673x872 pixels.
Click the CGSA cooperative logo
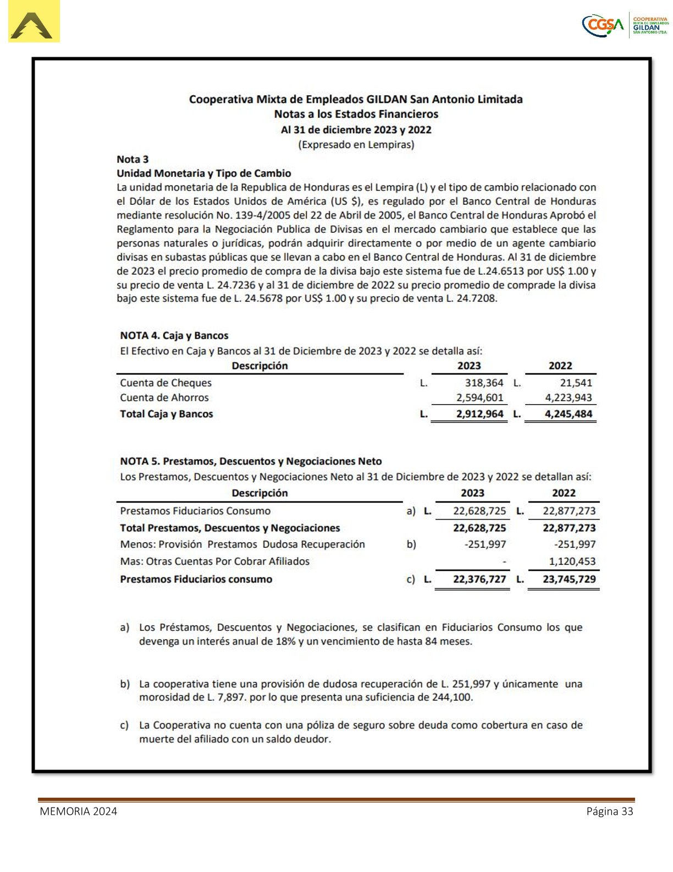(x=625, y=25)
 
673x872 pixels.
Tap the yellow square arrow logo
(x=34, y=22)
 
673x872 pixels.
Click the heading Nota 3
(x=133, y=159)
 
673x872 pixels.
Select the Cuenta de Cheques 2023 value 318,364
(x=484, y=383)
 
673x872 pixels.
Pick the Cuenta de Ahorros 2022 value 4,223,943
(x=568, y=397)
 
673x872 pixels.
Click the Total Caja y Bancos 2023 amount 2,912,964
(x=479, y=414)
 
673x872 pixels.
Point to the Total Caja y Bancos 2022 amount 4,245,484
(x=568, y=414)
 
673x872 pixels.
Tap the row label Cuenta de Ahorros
(x=164, y=397)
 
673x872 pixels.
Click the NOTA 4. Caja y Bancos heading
(x=174, y=335)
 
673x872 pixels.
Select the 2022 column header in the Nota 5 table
(x=564, y=493)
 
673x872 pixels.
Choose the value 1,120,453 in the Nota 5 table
(x=572, y=561)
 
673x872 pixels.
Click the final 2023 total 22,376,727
(x=479, y=579)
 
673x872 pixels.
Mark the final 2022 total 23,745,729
(x=569, y=579)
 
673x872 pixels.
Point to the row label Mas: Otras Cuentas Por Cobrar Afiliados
(x=214, y=561)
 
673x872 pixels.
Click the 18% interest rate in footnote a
(x=286, y=641)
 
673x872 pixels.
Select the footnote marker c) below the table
(x=125, y=725)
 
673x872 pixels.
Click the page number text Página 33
(x=609, y=811)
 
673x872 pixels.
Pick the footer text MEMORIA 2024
(x=78, y=811)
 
